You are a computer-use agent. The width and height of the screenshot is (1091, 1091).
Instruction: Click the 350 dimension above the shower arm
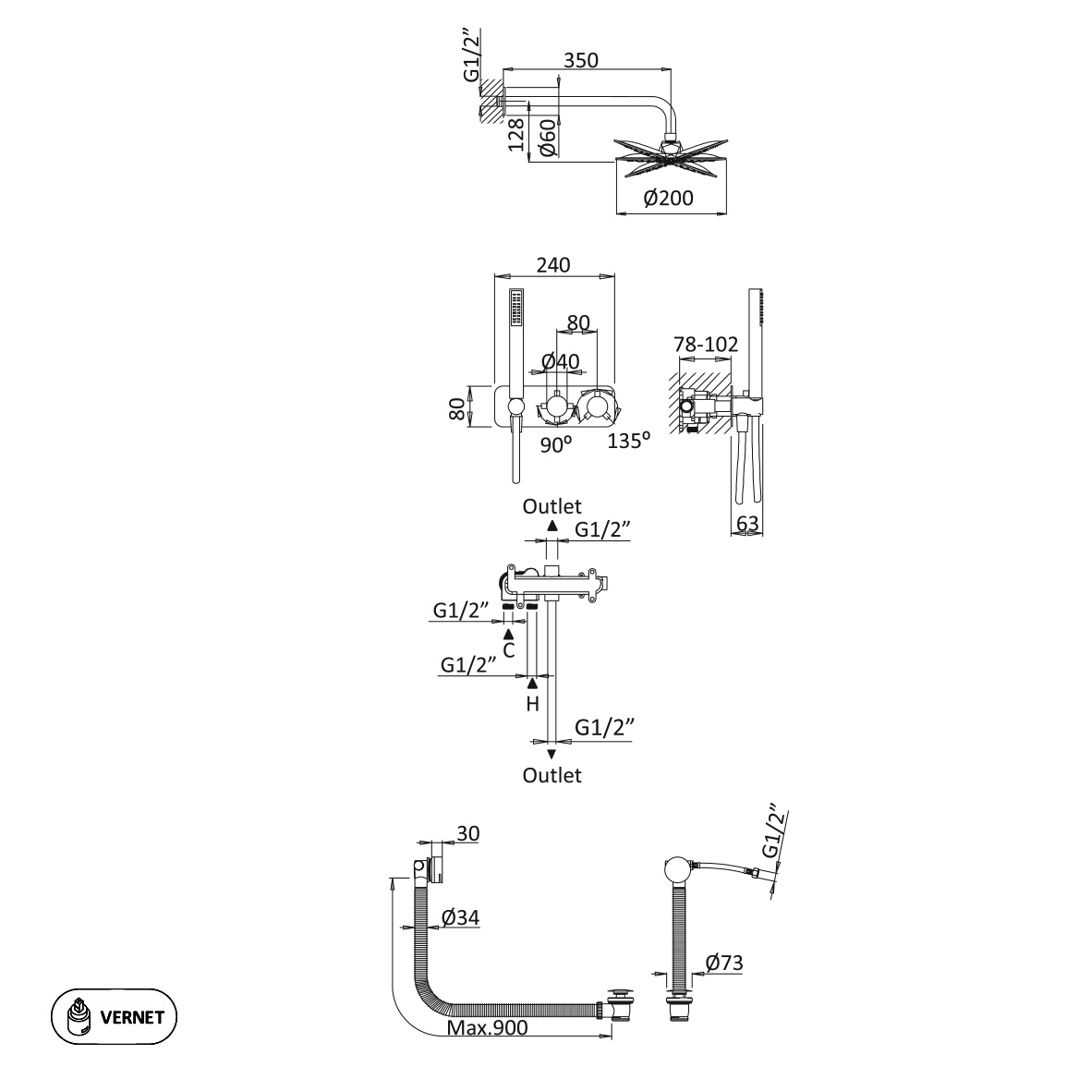[x=581, y=60]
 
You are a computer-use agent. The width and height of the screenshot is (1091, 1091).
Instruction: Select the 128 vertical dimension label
[x=516, y=135]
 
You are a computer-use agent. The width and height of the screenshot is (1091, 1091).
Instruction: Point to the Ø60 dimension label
[x=545, y=137]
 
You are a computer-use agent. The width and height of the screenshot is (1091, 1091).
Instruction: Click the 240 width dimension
[x=552, y=264]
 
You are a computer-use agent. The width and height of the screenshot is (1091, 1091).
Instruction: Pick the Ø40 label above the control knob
[x=560, y=361]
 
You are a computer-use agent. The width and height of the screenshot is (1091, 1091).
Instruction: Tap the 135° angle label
[x=628, y=441]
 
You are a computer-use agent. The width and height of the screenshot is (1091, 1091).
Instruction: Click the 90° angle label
[x=556, y=444]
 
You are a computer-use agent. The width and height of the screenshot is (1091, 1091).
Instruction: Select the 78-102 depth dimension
[x=707, y=345]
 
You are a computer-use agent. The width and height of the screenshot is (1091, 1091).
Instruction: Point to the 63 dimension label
[x=748, y=524]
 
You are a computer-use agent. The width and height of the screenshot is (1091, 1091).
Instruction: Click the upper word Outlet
[x=552, y=506]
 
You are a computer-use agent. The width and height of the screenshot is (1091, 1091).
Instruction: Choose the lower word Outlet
[x=552, y=775]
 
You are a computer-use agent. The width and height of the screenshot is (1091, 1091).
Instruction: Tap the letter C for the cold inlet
[x=508, y=649]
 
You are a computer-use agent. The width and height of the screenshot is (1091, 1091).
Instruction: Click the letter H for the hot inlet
[x=532, y=704]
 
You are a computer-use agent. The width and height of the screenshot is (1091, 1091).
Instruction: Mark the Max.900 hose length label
[x=487, y=1028]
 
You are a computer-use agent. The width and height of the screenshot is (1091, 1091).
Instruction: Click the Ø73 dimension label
[x=723, y=963]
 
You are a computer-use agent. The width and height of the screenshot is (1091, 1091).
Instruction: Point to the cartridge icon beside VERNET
[x=80, y=1017]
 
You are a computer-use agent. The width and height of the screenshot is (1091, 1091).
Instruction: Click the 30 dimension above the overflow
[x=467, y=833]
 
